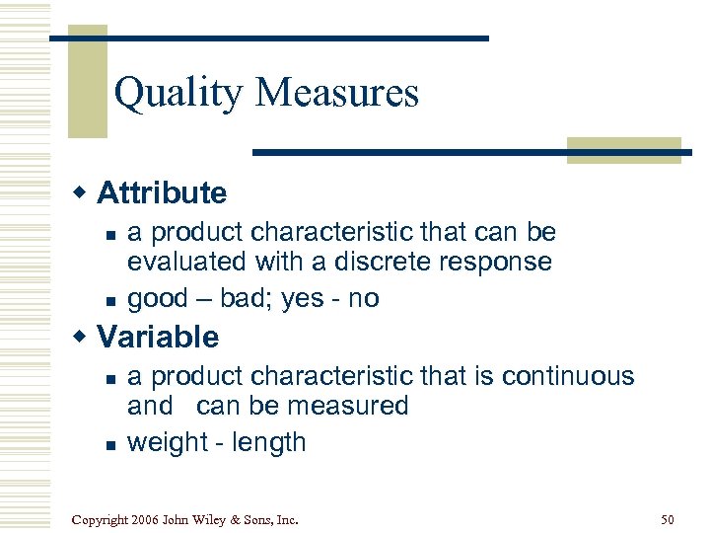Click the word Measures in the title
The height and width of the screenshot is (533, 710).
click(337, 93)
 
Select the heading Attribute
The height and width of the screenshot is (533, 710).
click(162, 192)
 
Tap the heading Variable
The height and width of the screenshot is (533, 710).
click(158, 337)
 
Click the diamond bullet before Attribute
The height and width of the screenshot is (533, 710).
click(82, 192)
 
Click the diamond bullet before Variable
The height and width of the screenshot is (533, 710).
click(82, 337)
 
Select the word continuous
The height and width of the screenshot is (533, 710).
click(568, 376)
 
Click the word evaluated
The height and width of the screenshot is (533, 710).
click(186, 262)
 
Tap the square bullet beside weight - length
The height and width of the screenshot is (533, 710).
click(110, 444)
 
